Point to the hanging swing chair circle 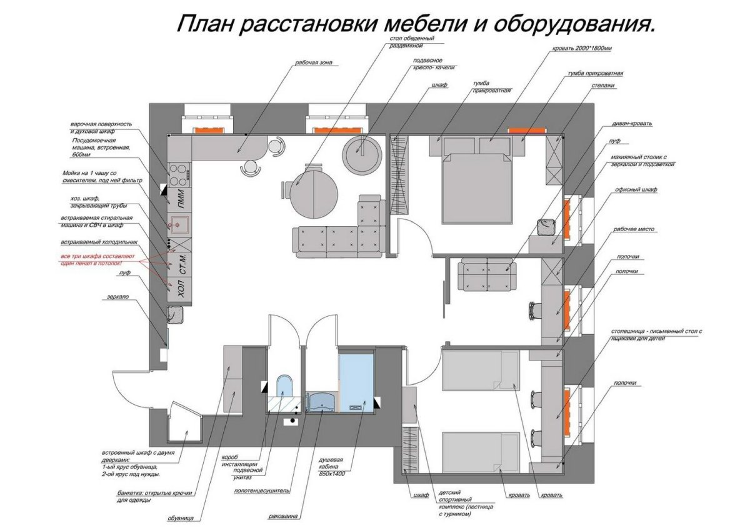[361, 150]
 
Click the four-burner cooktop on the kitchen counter [179, 171]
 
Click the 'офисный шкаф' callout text [635, 189]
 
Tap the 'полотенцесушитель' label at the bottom [262, 491]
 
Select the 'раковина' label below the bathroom [282, 516]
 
